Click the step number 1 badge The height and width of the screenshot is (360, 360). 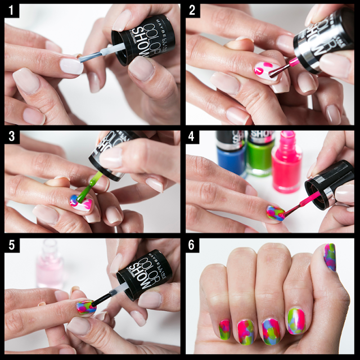pos(11,10)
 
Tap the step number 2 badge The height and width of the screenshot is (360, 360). pos(192,10)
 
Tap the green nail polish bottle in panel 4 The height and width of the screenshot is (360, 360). pos(259,155)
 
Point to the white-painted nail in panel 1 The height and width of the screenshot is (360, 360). pos(71,66)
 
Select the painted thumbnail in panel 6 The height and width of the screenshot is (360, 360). pos(330,256)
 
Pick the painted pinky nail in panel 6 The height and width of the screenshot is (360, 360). pos(224,330)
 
